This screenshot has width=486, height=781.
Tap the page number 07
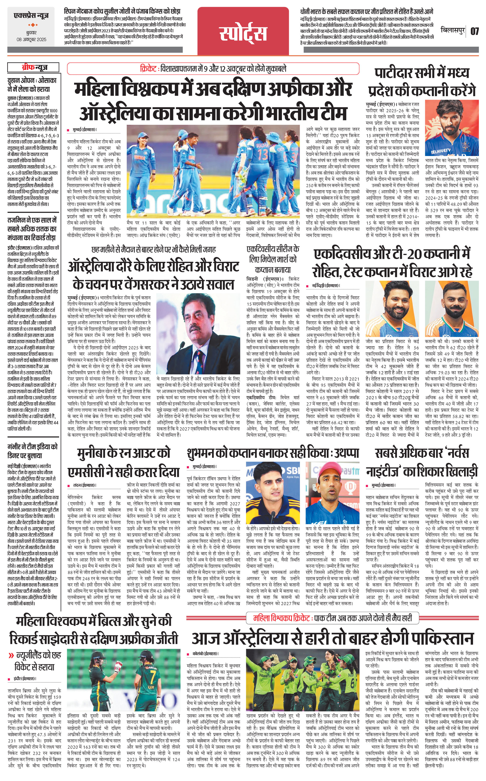tap(475, 31)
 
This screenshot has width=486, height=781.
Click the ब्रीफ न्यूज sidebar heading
tap(34, 68)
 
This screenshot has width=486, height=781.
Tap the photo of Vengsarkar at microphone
tap(198, 334)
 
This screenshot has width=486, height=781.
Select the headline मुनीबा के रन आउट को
tap(124, 453)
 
